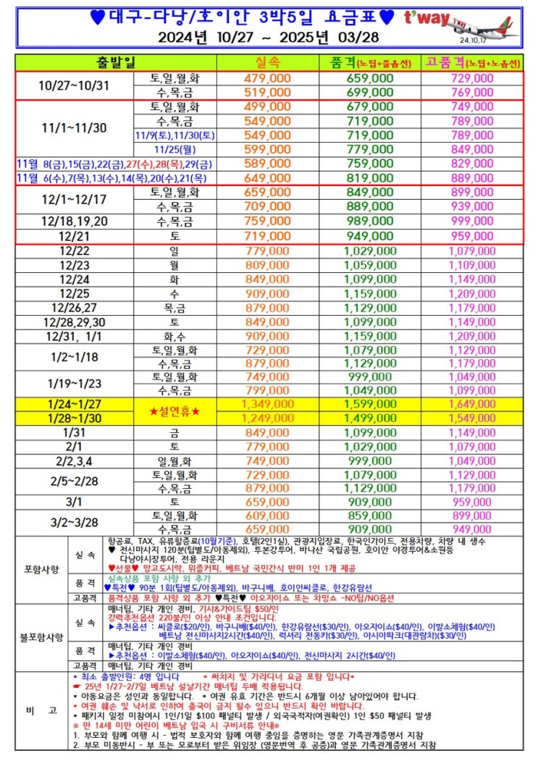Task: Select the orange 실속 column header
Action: click(268, 63)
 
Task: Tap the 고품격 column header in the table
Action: click(472, 63)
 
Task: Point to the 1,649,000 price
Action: click(472, 404)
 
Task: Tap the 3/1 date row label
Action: click(77, 502)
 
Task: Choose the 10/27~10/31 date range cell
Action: click(77, 85)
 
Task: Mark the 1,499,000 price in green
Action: click(370, 418)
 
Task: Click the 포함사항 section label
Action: click(41, 569)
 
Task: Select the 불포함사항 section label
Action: click(41, 636)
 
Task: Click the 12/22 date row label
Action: click(77, 250)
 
